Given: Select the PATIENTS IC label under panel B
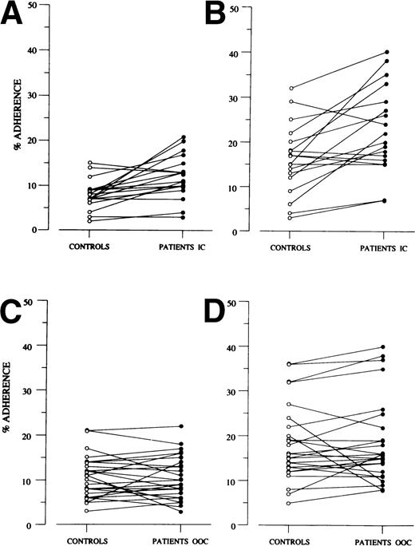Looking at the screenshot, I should click(383, 247).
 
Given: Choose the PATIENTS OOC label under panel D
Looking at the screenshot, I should click(383, 540).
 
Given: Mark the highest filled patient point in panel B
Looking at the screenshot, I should click(386, 52).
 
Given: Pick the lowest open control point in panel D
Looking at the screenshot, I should click(289, 504).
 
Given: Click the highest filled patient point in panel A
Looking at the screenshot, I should click(183, 137).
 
